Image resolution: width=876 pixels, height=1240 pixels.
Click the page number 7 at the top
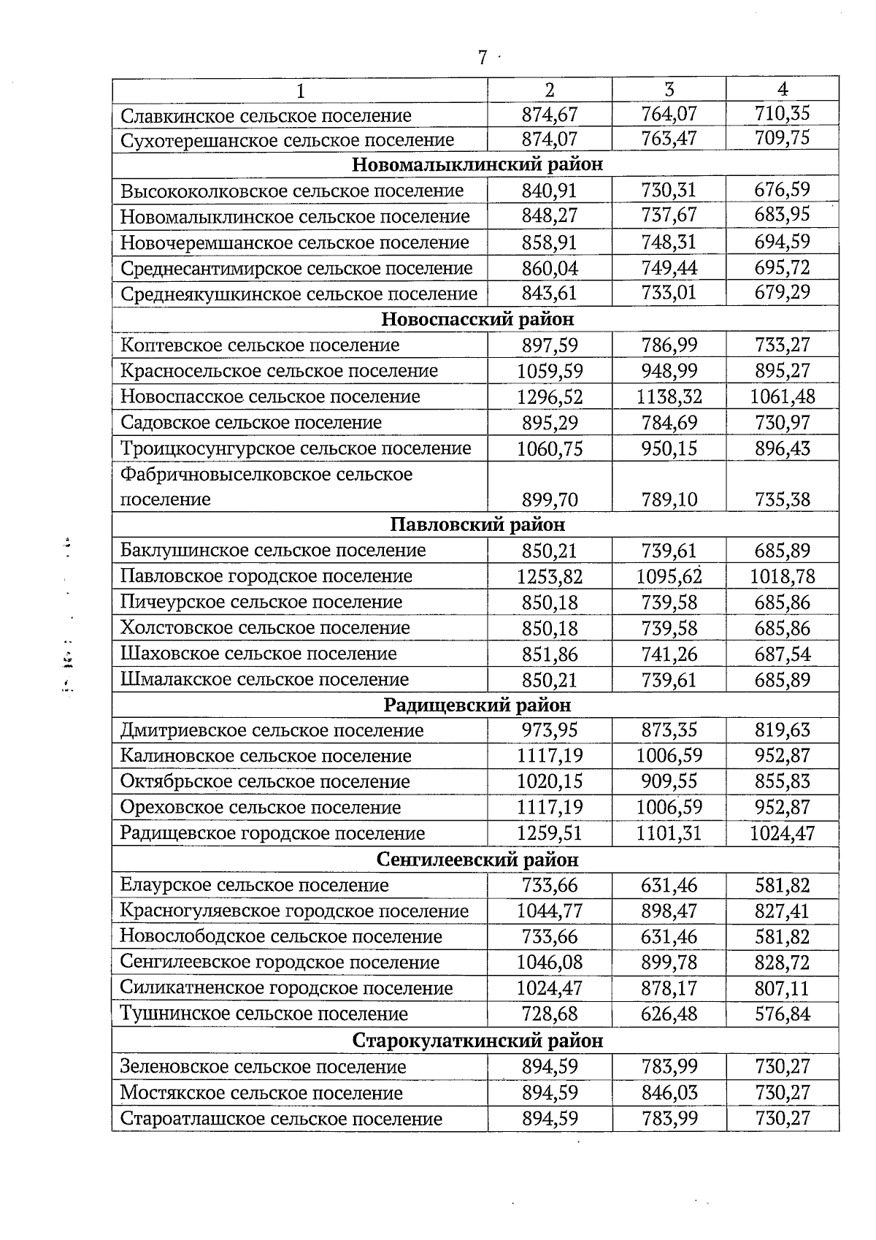click(482, 58)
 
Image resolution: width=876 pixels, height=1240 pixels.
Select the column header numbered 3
click(669, 89)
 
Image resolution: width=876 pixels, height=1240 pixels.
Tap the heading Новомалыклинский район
click(477, 164)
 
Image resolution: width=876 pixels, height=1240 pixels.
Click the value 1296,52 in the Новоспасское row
click(550, 397)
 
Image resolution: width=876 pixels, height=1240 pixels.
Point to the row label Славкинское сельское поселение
click(266, 115)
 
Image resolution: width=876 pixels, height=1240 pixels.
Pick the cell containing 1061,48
click(783, 397)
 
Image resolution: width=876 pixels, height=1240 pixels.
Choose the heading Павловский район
click(477, 524)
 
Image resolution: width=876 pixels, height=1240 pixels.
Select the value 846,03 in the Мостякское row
click(669, 1092)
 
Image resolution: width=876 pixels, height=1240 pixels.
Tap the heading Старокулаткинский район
click(477, 1040)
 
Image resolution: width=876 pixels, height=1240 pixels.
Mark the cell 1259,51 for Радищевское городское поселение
click(550, 833)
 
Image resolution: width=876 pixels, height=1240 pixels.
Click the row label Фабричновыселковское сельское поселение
click(266, 486)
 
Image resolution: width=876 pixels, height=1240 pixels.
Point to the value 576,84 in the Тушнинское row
click(783, 1014)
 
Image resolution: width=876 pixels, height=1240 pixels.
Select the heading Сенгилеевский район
click(477, 860)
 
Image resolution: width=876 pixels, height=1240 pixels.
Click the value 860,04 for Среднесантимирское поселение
click(550, 268)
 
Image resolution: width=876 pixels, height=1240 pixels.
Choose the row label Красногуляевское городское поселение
click(294, 911)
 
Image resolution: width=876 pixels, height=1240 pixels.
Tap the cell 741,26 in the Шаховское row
click(669, 654)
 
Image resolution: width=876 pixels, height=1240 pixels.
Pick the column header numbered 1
click(299, 90)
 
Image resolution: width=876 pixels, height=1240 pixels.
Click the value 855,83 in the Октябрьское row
click(783, 781)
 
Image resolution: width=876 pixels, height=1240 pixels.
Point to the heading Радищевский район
click(477, 705)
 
